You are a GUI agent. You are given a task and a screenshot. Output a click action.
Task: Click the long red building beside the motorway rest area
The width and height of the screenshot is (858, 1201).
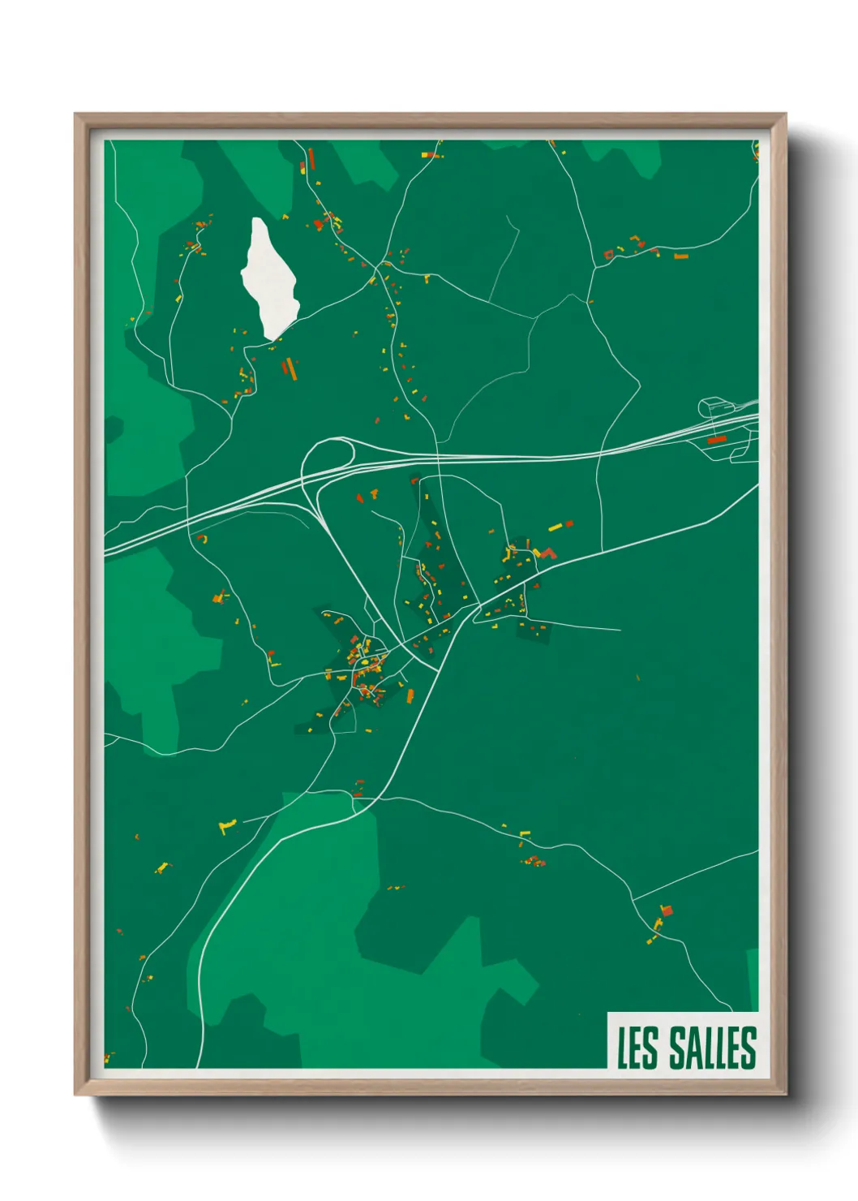pos(716,440)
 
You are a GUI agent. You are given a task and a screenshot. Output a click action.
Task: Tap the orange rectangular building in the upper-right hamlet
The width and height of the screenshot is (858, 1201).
pos(681,256)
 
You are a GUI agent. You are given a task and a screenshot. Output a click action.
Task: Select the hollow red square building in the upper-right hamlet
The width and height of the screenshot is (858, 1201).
pos(608,255)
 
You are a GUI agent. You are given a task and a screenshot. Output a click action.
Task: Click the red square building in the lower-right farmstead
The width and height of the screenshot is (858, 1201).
pos(667,910)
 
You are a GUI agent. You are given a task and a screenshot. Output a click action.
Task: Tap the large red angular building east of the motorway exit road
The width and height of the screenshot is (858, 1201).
pos(548,553)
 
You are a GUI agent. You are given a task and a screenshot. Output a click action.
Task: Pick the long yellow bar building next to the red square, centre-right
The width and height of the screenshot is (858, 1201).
pos(556,527)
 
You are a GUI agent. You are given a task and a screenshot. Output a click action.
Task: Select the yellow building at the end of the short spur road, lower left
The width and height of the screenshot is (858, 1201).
pos(225,827)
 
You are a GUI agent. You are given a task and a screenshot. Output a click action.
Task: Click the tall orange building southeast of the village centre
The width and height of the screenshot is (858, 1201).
pos(410,695)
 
